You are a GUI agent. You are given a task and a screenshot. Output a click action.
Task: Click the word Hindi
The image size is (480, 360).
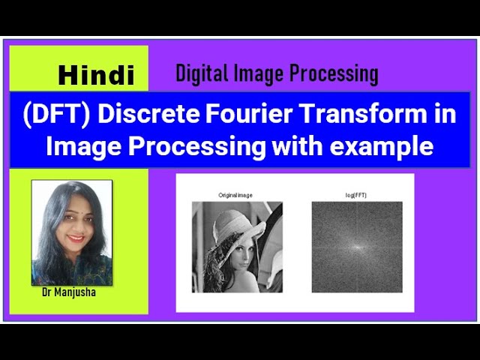(96, 75)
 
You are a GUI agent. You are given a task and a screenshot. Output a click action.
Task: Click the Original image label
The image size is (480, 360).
(235, 195)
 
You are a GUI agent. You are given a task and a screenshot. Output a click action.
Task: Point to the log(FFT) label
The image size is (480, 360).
(356, 195)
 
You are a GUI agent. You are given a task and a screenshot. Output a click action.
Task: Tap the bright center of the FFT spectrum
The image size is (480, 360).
(357, 247)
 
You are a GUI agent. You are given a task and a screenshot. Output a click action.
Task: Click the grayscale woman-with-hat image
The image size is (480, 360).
(237, 247)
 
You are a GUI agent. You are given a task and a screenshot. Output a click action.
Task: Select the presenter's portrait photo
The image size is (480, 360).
(71, 232)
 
